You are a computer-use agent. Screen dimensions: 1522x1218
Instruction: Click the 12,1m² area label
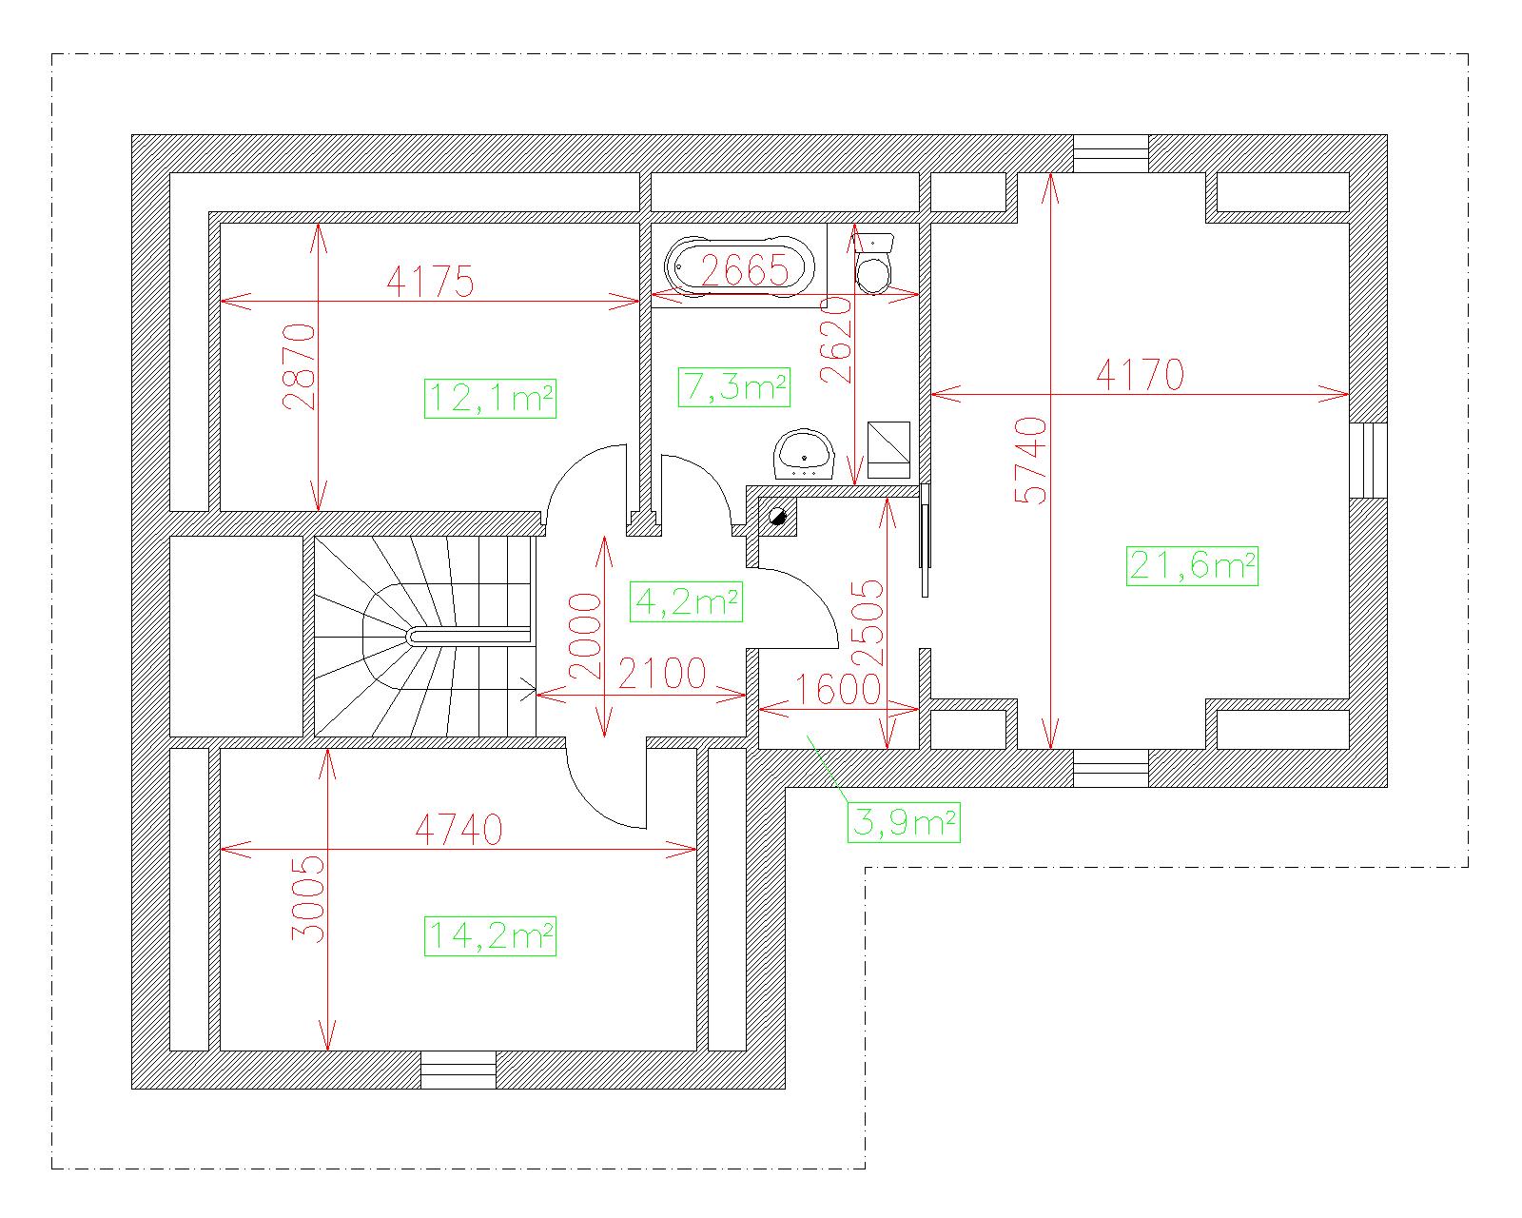click(x=490, y=399)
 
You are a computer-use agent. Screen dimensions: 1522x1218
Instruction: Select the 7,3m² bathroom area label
click(x=733, y=387)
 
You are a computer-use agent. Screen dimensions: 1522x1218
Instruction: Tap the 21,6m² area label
click(x=1192, y=566)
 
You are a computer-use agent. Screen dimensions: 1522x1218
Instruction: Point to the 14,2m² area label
click(x=490, y=936)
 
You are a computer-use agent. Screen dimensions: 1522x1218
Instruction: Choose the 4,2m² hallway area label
click(x=686, y=602)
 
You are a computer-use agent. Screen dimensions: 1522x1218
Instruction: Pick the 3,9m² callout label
click(x=904, y=822)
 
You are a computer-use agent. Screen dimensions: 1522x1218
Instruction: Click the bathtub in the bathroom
click(x=739, y=266)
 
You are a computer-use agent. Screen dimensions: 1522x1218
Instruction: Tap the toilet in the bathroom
click(x=874, y=263)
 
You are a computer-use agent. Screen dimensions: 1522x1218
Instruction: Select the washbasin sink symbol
click(x=804, y=454)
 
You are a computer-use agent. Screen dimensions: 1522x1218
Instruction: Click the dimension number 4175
click(x=430, y=282)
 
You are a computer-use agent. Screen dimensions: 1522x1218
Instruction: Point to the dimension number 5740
click(x=1030, y=460)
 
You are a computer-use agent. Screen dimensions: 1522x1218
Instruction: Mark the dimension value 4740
click(x=459, y=830)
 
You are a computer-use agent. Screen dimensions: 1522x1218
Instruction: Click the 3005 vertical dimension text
click(x=308, y=899)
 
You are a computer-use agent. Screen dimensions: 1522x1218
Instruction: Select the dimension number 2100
click(x=662, y=673)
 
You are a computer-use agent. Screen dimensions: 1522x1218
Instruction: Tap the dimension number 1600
click(x=838, y=689)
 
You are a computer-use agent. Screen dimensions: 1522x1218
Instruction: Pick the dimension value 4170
click(x=1141, y=374)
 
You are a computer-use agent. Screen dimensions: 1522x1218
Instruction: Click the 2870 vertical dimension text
click(x=299, y=366)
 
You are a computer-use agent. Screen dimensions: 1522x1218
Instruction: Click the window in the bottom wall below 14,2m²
click(x=459, y=1070)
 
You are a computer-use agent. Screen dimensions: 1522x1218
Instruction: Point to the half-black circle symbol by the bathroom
click(x=778, y=516)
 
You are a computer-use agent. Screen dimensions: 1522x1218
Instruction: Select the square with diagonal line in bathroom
click(x=889, y=449)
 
